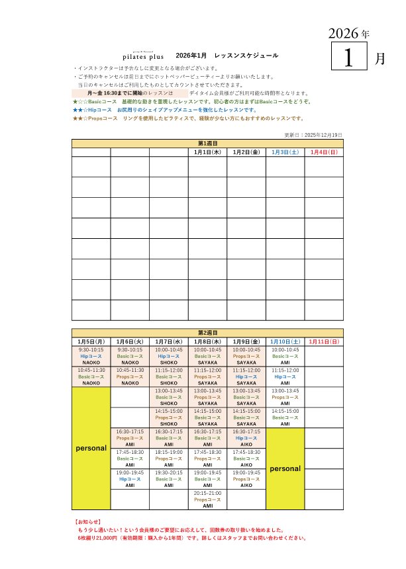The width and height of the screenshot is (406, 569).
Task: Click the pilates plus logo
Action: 143,56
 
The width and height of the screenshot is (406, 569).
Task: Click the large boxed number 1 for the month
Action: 350,58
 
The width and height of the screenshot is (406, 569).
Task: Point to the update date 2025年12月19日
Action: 313,134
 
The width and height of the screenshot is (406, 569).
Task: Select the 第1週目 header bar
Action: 207,143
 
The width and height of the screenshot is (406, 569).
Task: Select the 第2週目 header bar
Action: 207,332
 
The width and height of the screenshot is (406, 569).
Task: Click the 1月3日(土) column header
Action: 285,152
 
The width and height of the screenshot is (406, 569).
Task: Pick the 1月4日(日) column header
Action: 324,152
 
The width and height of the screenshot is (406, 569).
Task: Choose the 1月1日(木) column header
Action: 207,152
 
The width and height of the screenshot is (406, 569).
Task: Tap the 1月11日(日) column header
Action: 324,341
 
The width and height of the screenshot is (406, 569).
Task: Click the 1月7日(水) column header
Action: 169,341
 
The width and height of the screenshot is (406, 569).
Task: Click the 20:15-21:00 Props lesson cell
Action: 207,499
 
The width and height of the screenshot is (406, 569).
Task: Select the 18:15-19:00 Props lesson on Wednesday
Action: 169,458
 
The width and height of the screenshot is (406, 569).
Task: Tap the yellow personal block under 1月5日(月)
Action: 91,448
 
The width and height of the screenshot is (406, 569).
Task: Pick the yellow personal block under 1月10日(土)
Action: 285,468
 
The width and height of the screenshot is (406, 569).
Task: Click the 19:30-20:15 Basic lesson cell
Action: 169,478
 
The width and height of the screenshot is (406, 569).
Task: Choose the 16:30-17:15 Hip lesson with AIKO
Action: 246,437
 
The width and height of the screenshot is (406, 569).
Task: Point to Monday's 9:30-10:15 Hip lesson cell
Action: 91,356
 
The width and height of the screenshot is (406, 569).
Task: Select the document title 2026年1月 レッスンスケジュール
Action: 227,56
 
